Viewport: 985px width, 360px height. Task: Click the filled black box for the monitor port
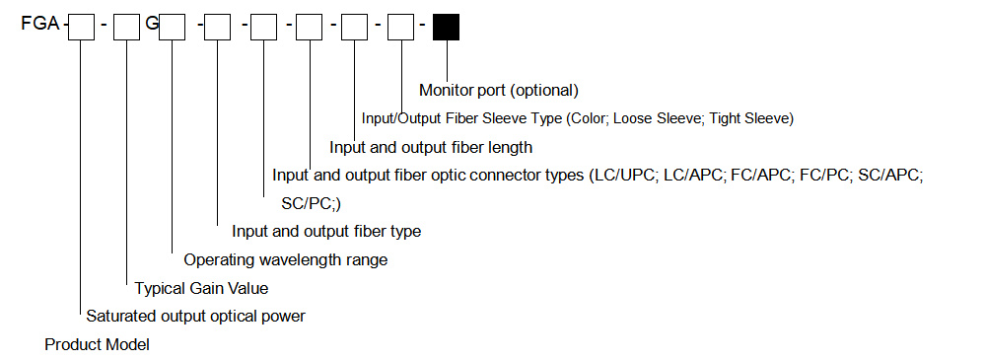click(x=447, y=27)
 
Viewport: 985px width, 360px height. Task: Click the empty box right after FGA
click(x=81, y=27)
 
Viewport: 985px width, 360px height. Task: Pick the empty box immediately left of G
click(x=127, y=27)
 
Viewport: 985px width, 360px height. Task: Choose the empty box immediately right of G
click(x=173, y=27)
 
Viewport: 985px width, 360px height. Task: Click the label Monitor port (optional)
click(x=498, y=90)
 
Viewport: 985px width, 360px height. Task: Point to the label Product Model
click(x=97, y=344)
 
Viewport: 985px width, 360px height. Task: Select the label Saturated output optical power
click(x=195, y=317)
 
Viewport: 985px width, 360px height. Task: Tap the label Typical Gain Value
click(x=201, y=288)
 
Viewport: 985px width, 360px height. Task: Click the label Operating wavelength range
click(x=286, y=259)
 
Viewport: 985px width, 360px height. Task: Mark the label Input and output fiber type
click(x=326, y=232)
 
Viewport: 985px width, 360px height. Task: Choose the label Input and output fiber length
click(x=431, y=148)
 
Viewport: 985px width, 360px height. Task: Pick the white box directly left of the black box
click(x=400, y=27)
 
